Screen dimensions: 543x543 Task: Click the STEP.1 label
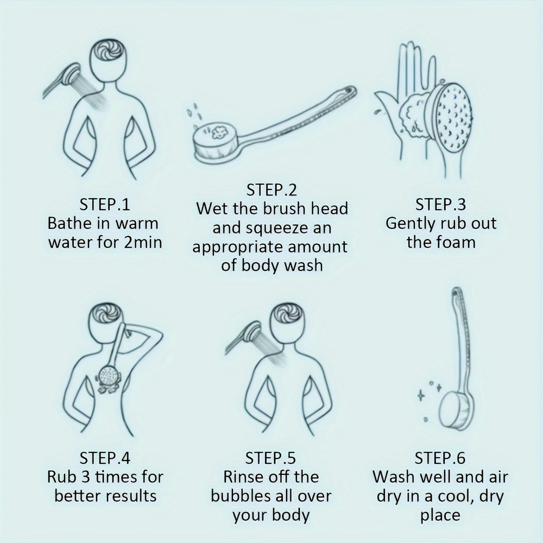click(x=105, y=205)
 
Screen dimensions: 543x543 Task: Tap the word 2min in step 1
click(x=143, y=242)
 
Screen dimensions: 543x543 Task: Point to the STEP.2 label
click(x=271, y=190)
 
